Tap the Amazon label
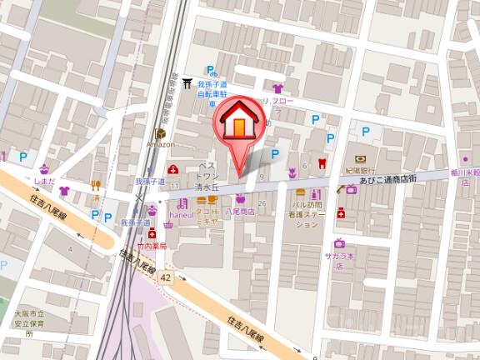(x=159, y=145)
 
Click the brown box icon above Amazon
(x=159, y=133)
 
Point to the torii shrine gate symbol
(x=188, y=83)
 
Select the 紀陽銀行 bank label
(x=358, y=169)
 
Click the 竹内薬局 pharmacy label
(x=153, y=247)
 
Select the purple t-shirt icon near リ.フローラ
(x=277, y=87)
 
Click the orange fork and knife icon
(x=97, y=186)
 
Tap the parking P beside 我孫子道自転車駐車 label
(x=212, y=70)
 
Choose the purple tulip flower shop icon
(x=292, y=172)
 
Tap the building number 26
(x=262, y=204)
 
